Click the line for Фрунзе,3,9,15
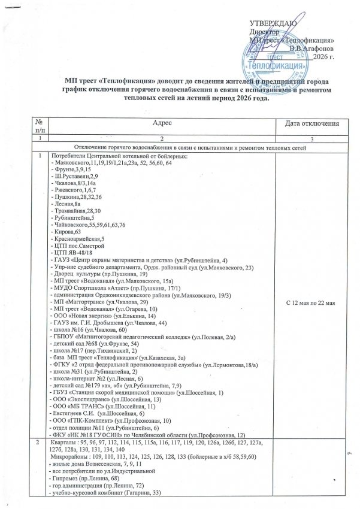click(71, 170)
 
